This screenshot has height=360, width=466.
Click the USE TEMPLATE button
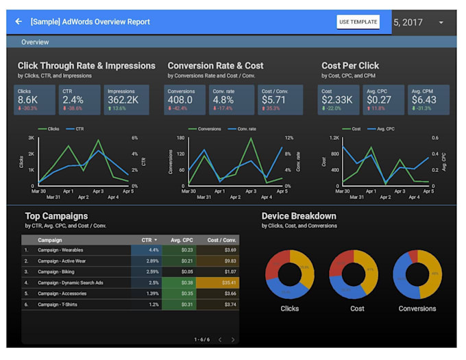pos(358,22)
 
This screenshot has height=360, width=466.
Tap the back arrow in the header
pos(19,22)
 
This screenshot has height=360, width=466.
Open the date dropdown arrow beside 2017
pos(441,22)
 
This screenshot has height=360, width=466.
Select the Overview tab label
pos(35,43)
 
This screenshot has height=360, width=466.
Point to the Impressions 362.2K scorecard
pos(124,100)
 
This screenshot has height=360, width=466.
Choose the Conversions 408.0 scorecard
pos(184,100)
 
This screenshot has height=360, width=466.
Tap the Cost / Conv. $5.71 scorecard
pos(275,100)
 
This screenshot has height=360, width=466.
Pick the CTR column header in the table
pos(147,240)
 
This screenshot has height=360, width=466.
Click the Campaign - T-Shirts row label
pos(58,304)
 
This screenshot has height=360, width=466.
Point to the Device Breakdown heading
pos(299,216)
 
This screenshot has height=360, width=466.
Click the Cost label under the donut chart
pos(356,309)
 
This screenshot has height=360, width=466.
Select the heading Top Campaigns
pos(56,216)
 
